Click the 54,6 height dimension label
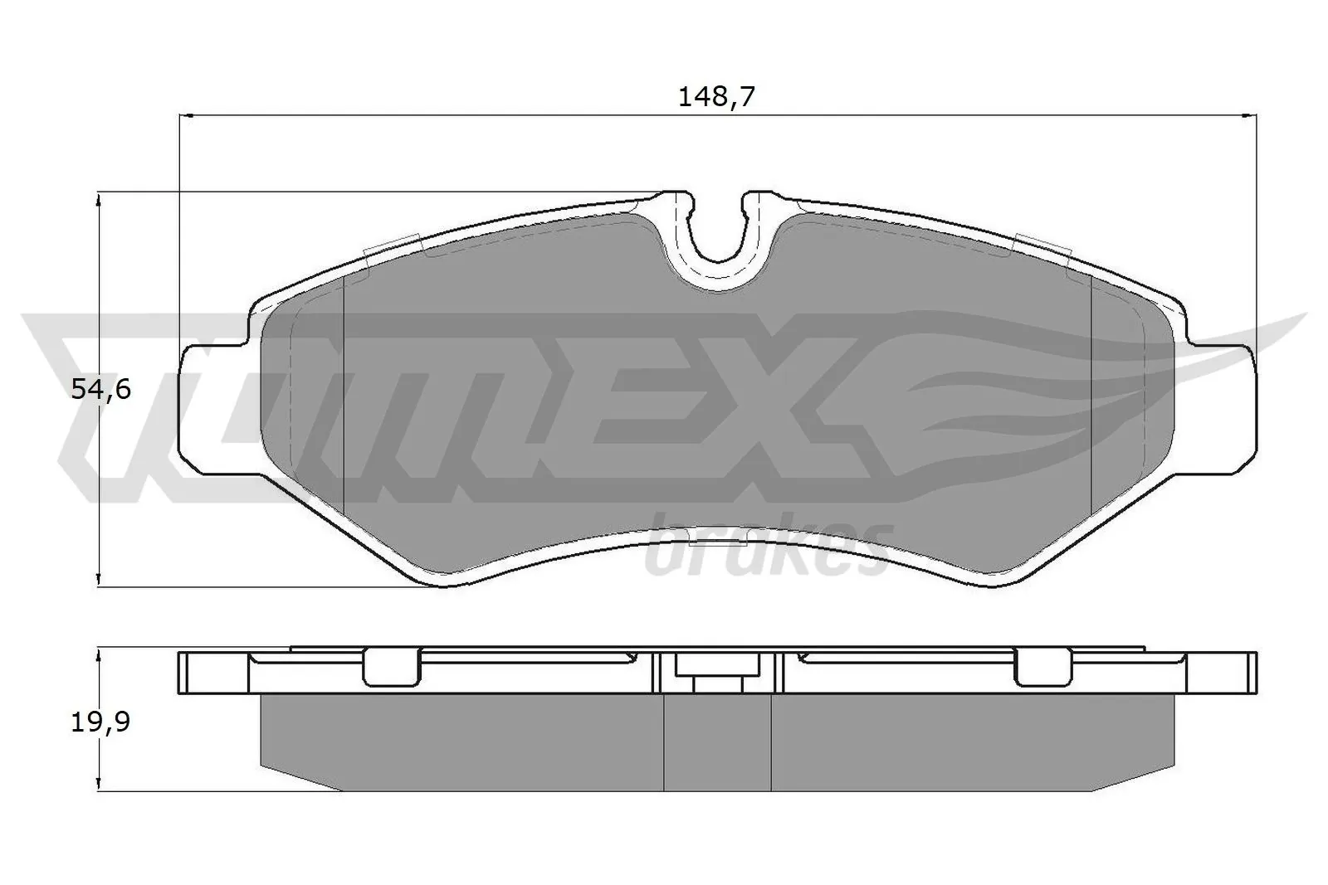[x=100, y=388]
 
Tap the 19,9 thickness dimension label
[x=100, y=722]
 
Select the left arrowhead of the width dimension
[x=186, y=117]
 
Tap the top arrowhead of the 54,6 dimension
[x=99, y=198]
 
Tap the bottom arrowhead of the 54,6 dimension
[x=99, y=580]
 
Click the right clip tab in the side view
[x=1042, y=666]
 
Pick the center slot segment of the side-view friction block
[x=718, y=742]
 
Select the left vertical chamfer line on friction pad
[x=343, y=390]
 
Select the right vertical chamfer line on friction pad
[x=1089, y=390]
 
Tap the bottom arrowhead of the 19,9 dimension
[x=99, y=784]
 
